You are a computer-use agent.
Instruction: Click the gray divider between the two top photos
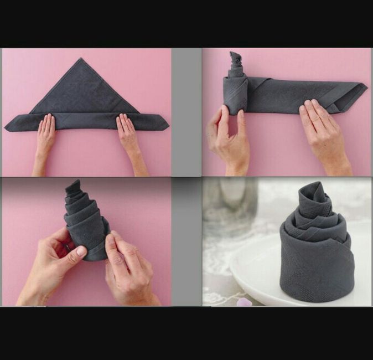pos(186,111)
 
